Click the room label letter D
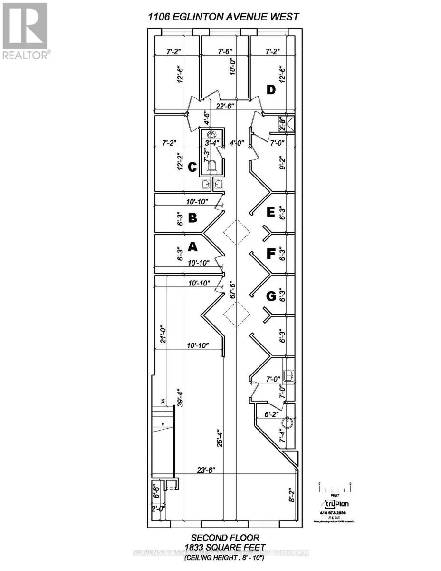(271, 89)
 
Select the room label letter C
(192, 167)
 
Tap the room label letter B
(192, 218)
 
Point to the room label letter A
(192, 246)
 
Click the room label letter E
(270, 212)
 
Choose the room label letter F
(270, 255)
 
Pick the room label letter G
(270, 296)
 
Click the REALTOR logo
(25, 31)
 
